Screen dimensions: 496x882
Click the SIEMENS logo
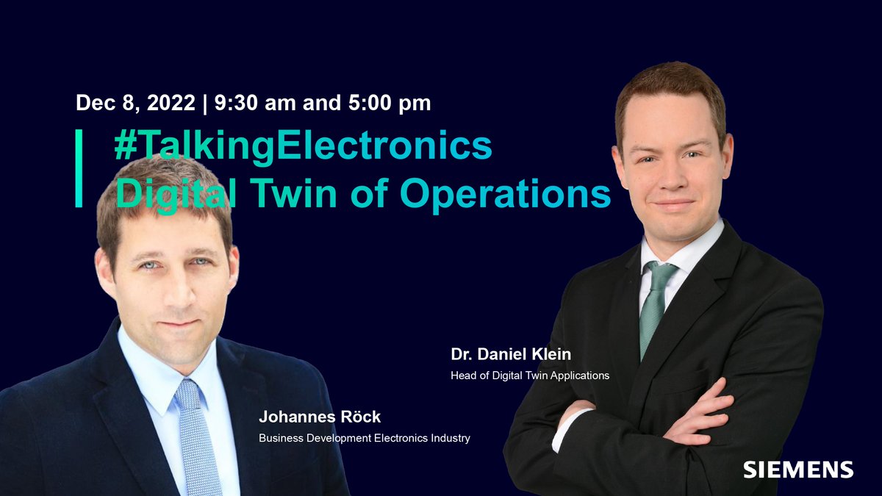click(797, 470)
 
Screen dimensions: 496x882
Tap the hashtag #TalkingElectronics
click(303, 145)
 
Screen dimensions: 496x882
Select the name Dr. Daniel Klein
click(511, 354)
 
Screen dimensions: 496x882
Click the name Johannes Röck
click(320, 417)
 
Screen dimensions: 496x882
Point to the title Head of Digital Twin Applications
click(530, 375)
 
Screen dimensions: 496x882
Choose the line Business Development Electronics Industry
click(364, 439)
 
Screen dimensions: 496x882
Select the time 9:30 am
click(254, 103)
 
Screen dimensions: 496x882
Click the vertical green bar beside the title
click(79, 168)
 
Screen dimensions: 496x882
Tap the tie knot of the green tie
click(659, 273)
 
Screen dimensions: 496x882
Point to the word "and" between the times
click(321, 103)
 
